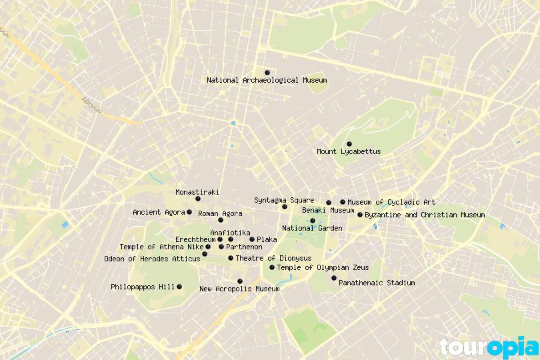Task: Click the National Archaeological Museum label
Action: coord(267,80)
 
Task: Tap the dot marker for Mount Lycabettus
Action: coord(349,144)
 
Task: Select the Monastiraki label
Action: coord(197,192)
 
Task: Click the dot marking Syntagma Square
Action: coord(285,207)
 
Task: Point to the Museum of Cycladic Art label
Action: coord(391,202)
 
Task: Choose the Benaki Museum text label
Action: coord(328,210)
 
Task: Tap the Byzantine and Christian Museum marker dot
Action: coord(360,215)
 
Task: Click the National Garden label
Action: coord(312,228)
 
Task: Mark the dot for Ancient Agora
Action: coord(189,212)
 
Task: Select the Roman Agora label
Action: coord(220,213)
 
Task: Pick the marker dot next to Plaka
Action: coord(252,239)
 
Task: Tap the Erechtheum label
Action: coord(195,239)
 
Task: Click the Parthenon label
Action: coord(244,247)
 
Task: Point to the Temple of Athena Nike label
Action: coord(161,247)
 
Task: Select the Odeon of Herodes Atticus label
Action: coord(152,259)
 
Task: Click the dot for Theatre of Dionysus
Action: coord(231,258)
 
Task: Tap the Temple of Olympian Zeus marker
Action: coord(272,267)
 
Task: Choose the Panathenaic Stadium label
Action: coord(377,283)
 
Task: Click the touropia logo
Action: coord(489,347)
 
